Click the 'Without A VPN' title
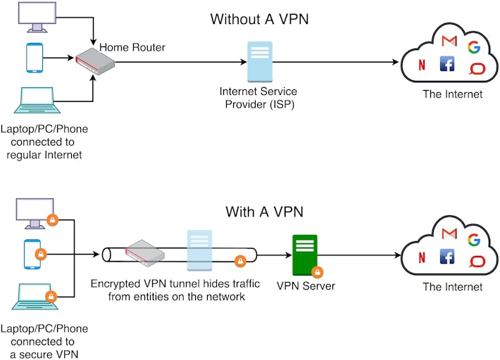(x=259, y=19)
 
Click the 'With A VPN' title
(x=259, y=212)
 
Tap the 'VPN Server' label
(x=306, y=286)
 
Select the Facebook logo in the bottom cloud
(x=446, y=257)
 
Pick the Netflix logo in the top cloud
(x=422, y=67)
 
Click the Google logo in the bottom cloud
(x=473, y=240)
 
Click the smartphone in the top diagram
(x=34, y=59)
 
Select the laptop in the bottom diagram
(x=34, y=295)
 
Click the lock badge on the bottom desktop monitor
(x=51, y=220)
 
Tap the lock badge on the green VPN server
(x=318, y=271)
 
